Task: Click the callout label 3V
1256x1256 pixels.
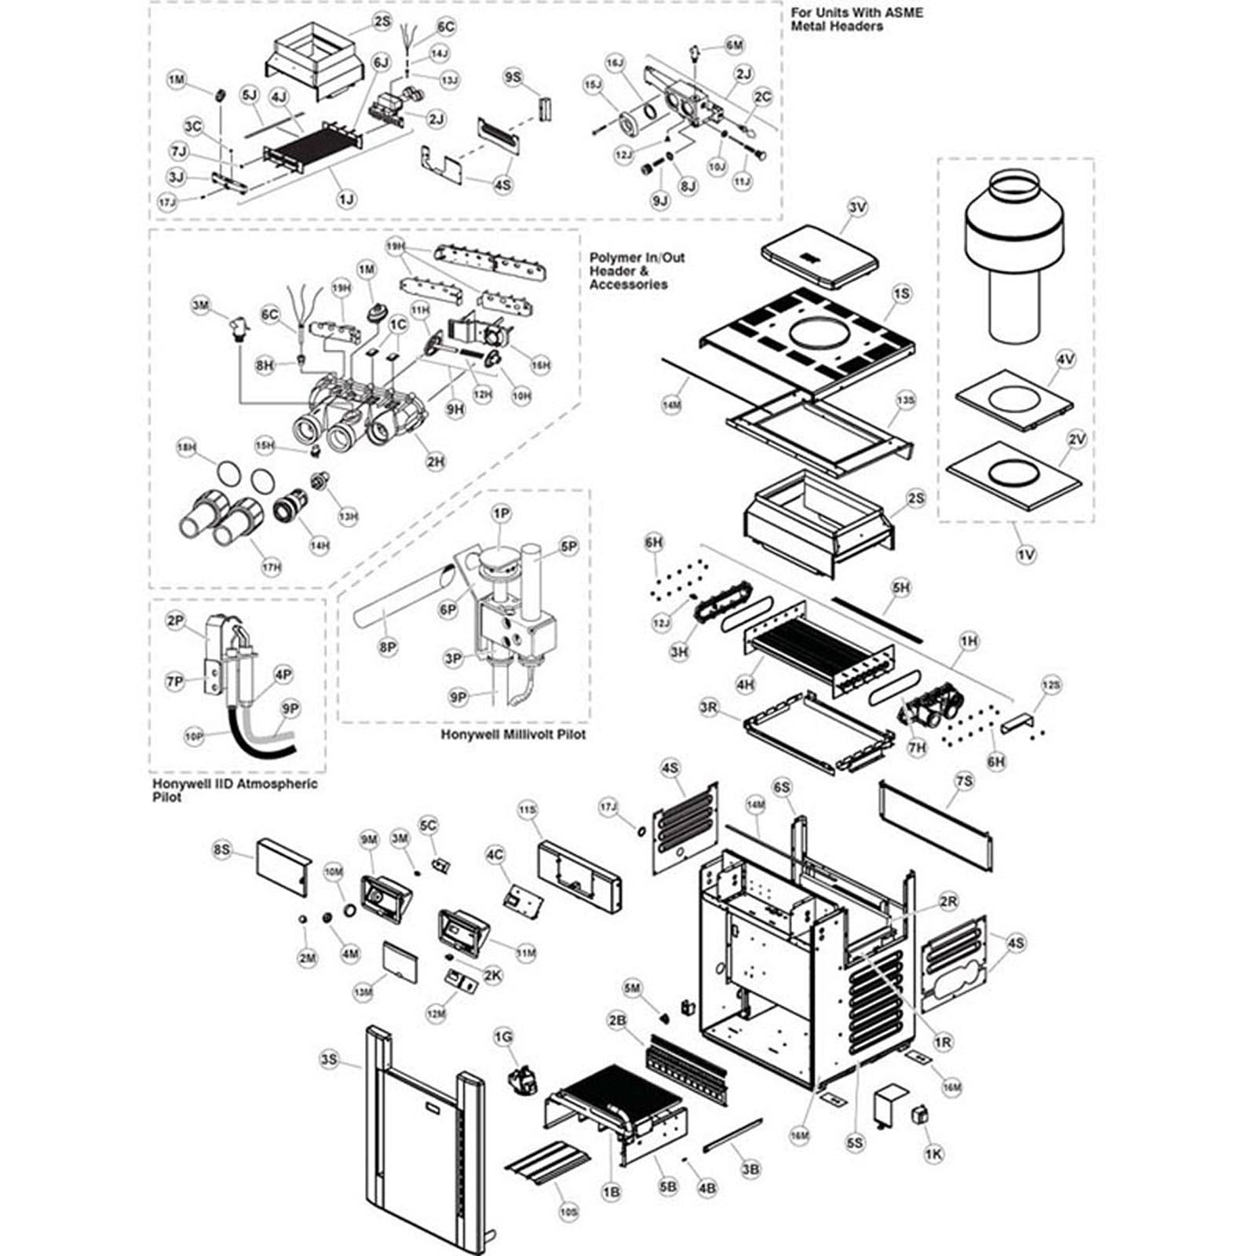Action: [858, 207]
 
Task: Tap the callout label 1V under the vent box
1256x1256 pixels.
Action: [1026, 554]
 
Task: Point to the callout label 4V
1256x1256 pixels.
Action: [1065, 360]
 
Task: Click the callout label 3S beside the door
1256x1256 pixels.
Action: [329, 1060]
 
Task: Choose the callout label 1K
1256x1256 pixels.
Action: [933, 1154]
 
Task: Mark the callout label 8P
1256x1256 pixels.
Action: [388, 648]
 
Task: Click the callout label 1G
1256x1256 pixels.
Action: [503, 1037]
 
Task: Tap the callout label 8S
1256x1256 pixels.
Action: [223, 849]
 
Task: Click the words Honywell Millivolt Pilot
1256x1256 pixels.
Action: [513, 735]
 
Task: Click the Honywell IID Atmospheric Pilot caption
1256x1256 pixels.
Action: [235, 790]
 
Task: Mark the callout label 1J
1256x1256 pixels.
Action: [346, 199]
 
